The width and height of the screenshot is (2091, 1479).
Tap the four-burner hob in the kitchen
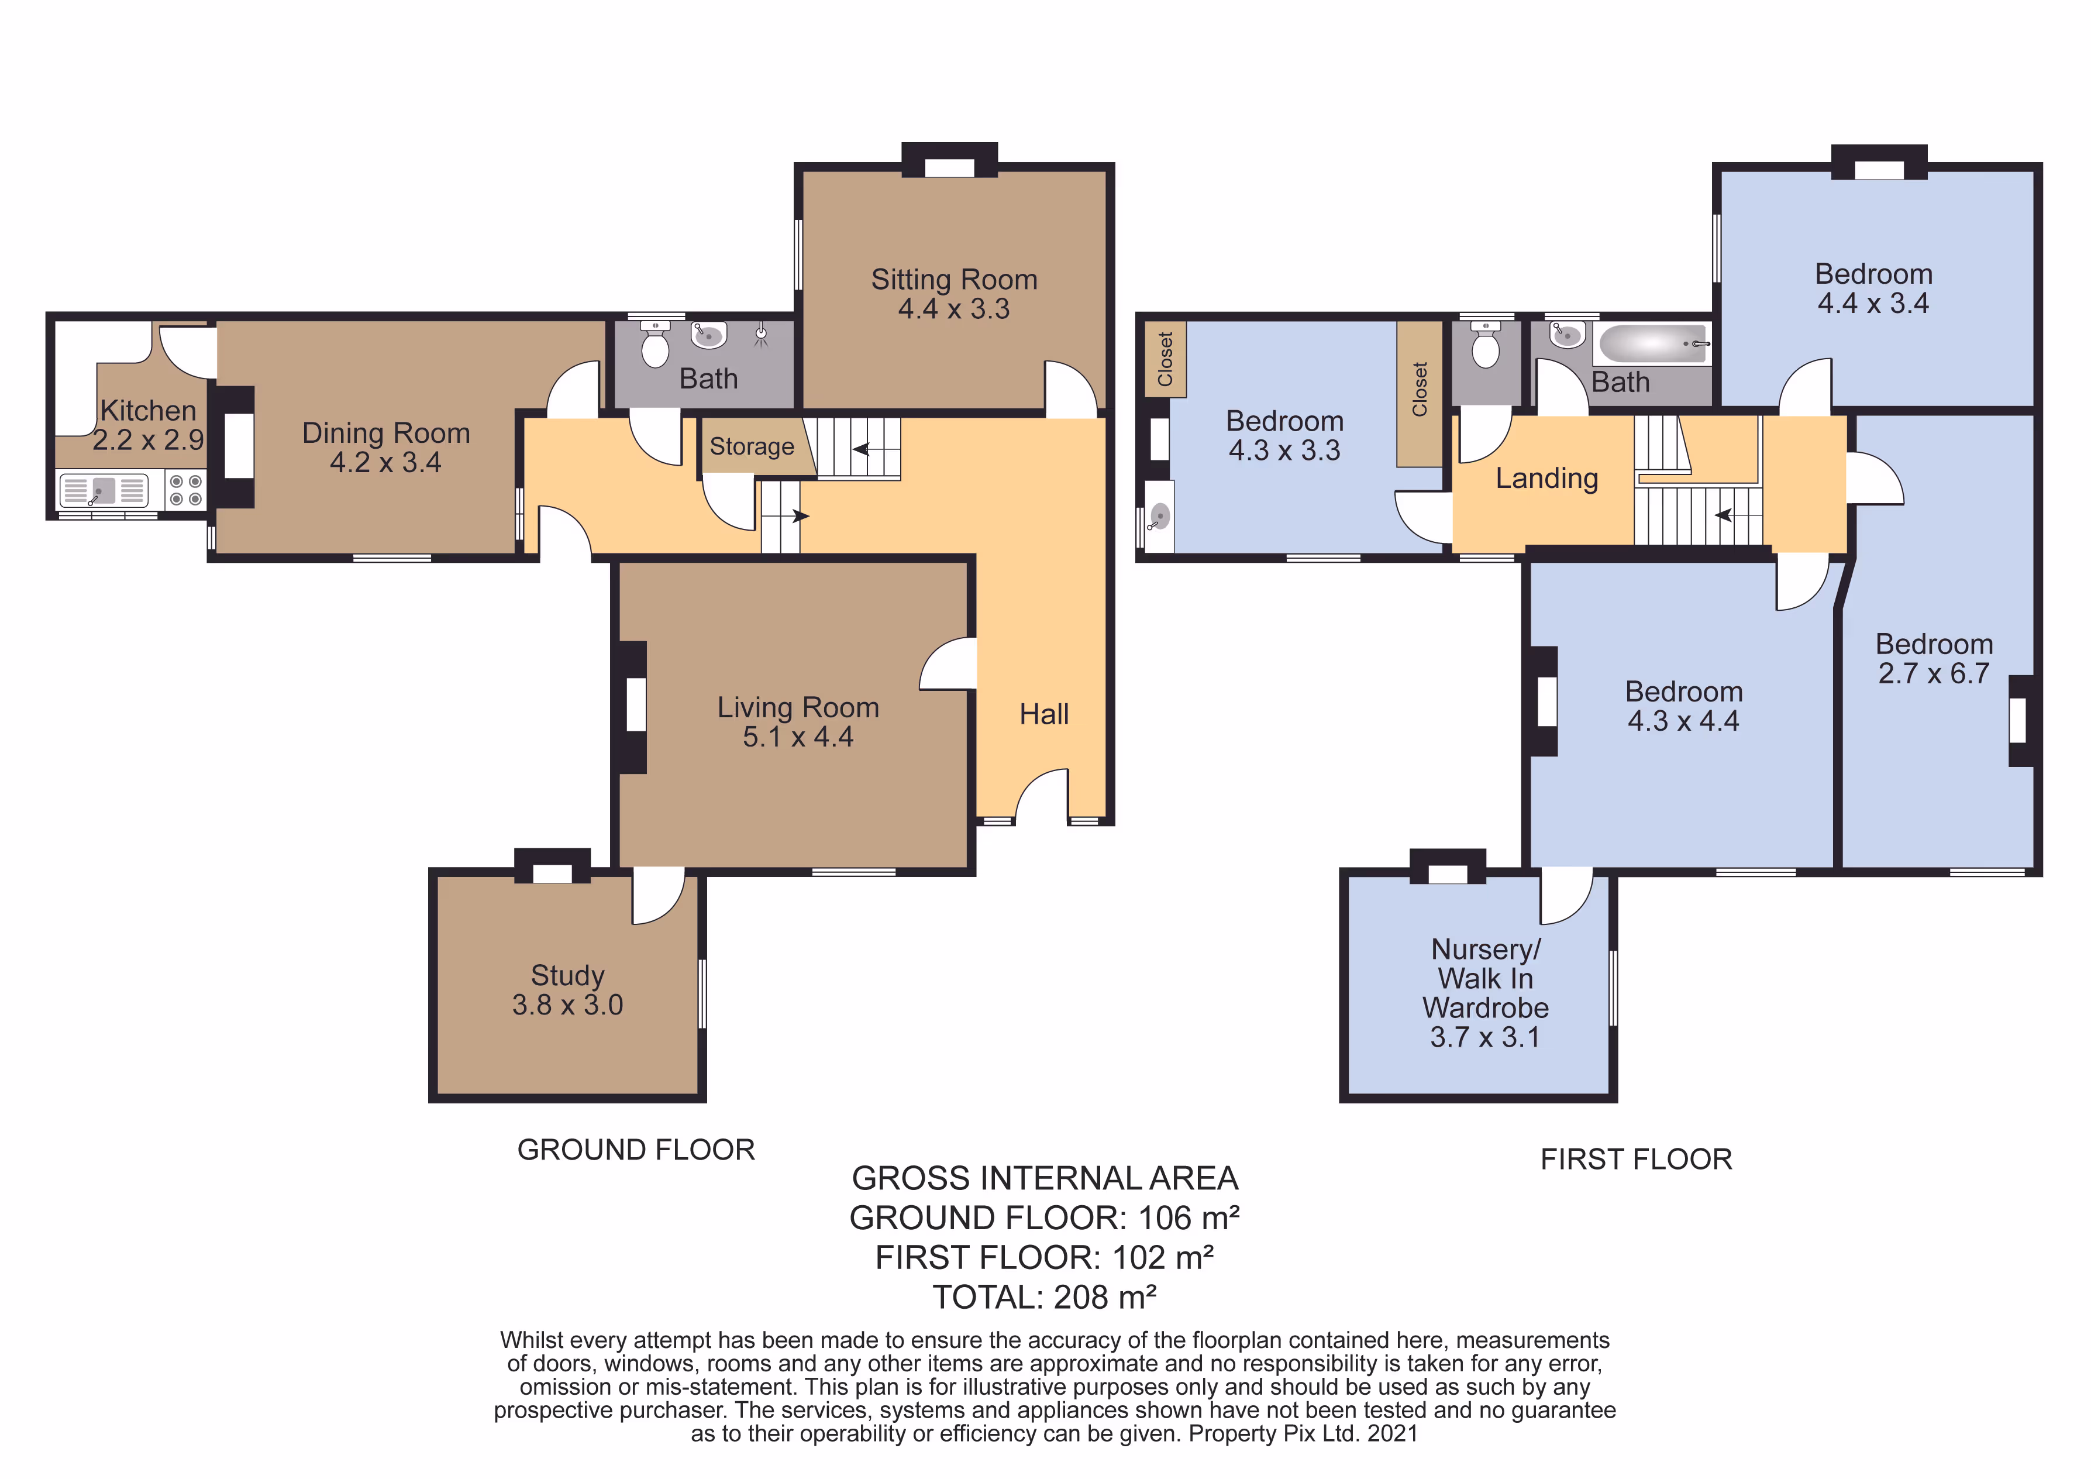tap(186, 490)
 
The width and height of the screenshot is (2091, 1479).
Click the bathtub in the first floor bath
tap(1652, 344)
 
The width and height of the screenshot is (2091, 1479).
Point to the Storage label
tap(752, 446)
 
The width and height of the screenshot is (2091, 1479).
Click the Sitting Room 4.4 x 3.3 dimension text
tap(953, 309)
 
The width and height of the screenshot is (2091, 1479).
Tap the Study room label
tap(567, 975)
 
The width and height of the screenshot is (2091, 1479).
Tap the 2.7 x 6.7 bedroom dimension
tap(1934, 673)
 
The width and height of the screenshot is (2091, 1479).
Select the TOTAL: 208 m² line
tap(1045, 1297)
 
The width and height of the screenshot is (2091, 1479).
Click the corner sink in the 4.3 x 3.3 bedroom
tap(1159, 517)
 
